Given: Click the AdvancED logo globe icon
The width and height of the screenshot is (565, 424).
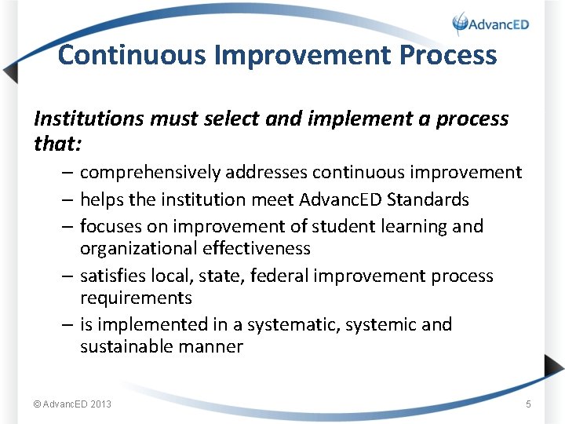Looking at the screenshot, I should click(461, 24).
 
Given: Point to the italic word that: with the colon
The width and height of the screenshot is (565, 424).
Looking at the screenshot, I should click(57, 144).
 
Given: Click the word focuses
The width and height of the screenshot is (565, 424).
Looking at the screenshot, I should click(110, 226).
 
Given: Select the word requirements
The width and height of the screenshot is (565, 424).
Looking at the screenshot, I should click(136, 298).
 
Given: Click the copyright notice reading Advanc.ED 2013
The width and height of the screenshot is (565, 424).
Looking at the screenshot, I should click(72, 404).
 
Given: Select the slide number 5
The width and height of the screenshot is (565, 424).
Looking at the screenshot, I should click(528, 404).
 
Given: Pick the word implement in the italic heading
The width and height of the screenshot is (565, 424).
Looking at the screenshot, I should click(338, 119).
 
